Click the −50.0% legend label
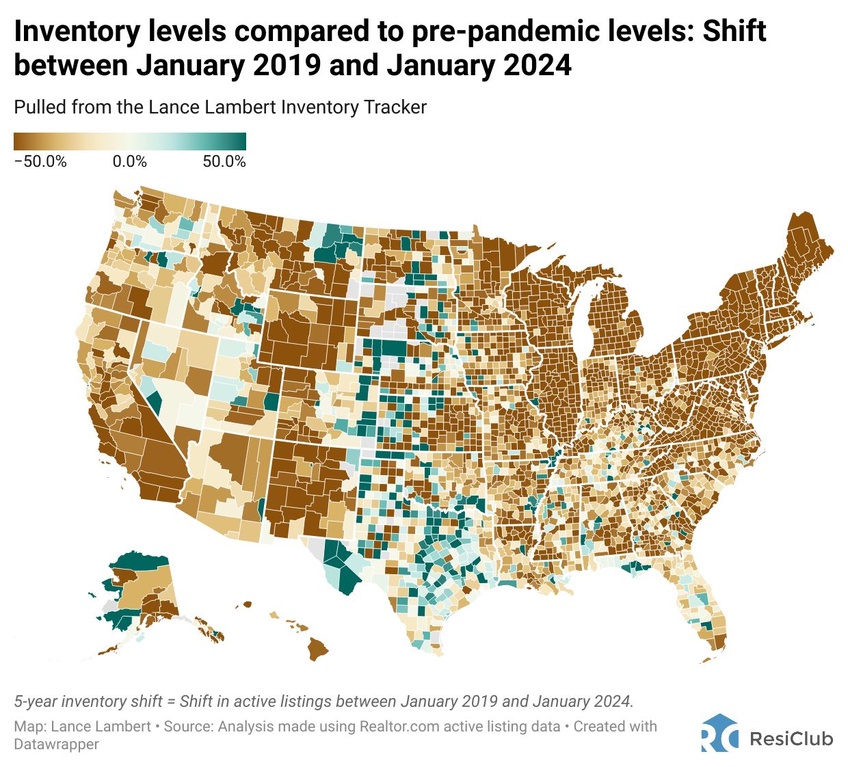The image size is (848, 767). tap(40, 162)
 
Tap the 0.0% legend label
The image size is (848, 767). tap(130, 162)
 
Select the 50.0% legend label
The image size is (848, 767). tap(224, 162)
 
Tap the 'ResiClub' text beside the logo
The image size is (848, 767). tap(791, 739)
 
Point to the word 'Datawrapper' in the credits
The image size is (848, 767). tap(56, 744)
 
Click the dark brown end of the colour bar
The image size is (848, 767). tap(18, 142)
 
